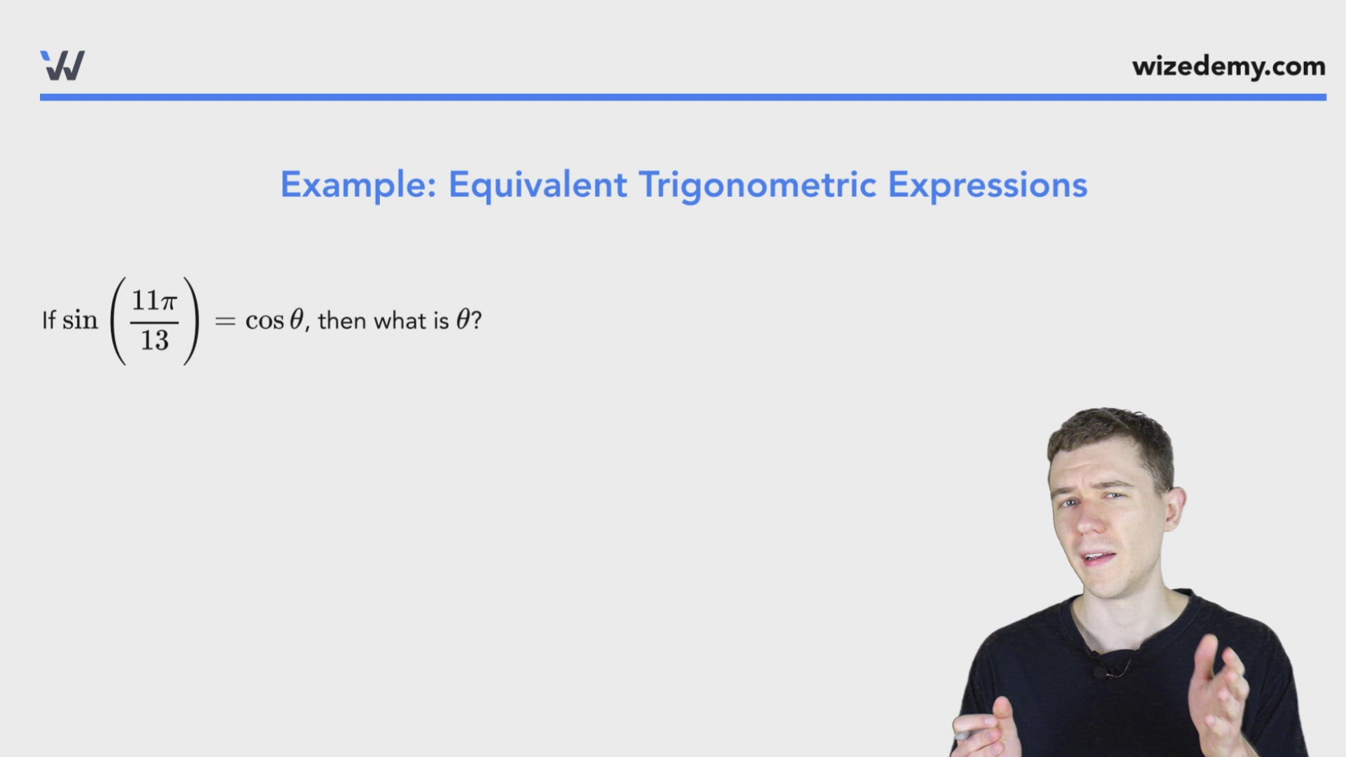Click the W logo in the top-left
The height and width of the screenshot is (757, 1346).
coord(62,65)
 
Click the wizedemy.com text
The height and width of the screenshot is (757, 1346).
coord(1228,67)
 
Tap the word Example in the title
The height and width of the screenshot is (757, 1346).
coord(358,186)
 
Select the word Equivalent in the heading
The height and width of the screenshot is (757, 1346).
coord(538,185)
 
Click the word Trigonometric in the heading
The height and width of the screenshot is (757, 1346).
coord(757,186)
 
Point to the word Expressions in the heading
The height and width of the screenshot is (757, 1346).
coord(988,186)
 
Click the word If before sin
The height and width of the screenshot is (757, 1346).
coord(49,320)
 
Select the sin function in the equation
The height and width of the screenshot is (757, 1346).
coord(80,320)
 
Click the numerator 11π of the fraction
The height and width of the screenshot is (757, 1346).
coord(154,301)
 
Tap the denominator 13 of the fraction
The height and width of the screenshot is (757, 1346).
coord(154,341)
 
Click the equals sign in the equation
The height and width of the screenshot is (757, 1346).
coord(225,321)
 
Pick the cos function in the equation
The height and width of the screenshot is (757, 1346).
coord(264,321)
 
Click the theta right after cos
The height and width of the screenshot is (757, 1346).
coord(297,320)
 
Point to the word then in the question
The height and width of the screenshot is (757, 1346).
coord(342,320)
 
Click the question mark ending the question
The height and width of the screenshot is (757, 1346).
coord(476,320)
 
